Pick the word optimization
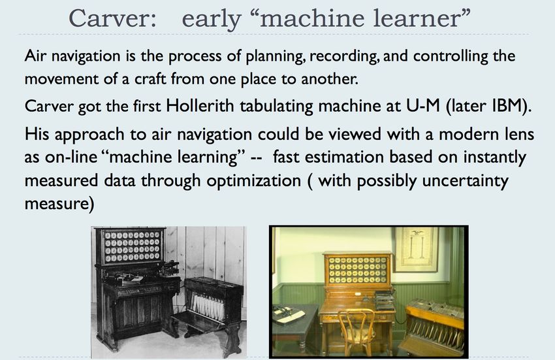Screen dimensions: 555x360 point(253,181)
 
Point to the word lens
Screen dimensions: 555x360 point(518,134)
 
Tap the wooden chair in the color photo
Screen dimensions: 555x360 point(356,331)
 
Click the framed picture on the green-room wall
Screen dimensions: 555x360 point(416,249)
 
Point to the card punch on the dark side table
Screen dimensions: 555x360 point(287,315)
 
